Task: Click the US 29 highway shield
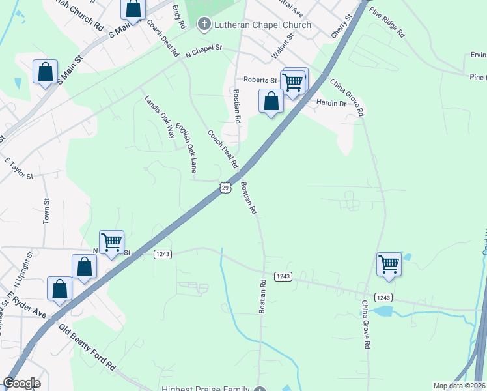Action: pos(225,188)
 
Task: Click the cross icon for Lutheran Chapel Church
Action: pos(204,25)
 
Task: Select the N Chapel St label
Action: pos(204,51)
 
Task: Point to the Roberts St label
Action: pos(260,80)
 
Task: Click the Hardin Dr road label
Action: pos(331,103)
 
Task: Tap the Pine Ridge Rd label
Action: pos(387,22)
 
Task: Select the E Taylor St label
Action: pos(18,167)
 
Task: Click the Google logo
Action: pos(21,383)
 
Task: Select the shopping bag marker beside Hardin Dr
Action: pos(271,102)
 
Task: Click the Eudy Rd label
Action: pos(180,16)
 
